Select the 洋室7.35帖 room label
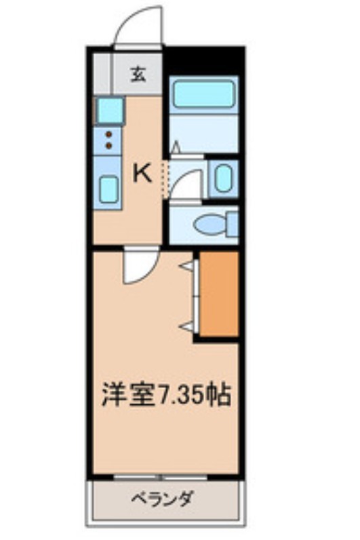point(166,393)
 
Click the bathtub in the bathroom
point(202,94)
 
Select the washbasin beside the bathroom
point(223,178)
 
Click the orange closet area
point(218,294)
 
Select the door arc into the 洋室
point(140,267)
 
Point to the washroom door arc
point(185,184)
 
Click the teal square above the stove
point(109,109)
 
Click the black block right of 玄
point(203,60)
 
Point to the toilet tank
point(232,223)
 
